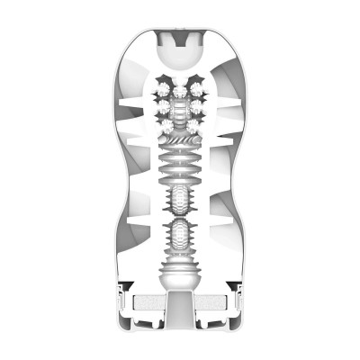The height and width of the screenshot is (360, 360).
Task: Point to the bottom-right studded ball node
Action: click(x=195, y=125)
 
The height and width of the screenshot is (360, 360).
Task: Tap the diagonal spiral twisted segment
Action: click(x=180, y=140)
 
